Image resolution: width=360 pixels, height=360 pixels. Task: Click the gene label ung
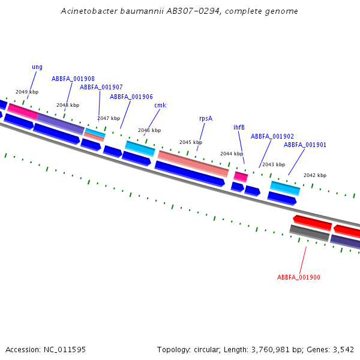pyautogui.click(x=37, y=67)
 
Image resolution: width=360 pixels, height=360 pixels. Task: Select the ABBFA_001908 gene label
pyautogui.click(x=73, y=79)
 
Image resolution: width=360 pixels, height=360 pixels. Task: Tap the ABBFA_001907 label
pyautogui.click(x=101, y=87)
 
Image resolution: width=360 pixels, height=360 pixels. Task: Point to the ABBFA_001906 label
pyautogui.click(x=131, y=97)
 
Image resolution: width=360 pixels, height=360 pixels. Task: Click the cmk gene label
pyautogui.click(x=160, y=106)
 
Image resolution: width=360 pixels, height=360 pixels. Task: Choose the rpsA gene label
pyautogui.click(x=206, y=118)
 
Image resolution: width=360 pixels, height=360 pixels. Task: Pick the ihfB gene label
pyautogui.click(x=239, y=127)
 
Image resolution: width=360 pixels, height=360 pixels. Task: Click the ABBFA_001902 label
pyautogui.click(x=272, y=136)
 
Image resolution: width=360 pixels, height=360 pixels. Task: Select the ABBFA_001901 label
pyautogui.click(x=305, y=145)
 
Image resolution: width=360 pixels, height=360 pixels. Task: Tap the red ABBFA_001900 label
pyautogui.click(x=298, y=277)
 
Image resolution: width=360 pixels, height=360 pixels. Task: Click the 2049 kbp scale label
pyautogui.click(x=27, y=92)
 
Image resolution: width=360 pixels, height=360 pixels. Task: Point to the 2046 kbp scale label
pyautogui.click(x=149, y=130)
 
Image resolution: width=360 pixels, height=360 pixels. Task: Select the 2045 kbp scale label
pyautogui.click(x=191, y=142)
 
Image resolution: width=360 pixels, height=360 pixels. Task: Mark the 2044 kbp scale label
pyautogui.click(x=232, y=154)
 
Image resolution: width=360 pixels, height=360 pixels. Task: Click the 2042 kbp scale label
pyautogui.click(x=315, y=175)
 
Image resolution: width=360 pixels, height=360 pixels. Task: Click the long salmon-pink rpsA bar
pyautogui.click(x=193, y=164)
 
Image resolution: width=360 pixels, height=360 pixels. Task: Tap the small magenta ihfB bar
pyautogui.click(x=241, y=176)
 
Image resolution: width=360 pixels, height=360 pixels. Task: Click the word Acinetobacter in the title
pyautogui.click(x=88, y=11)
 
